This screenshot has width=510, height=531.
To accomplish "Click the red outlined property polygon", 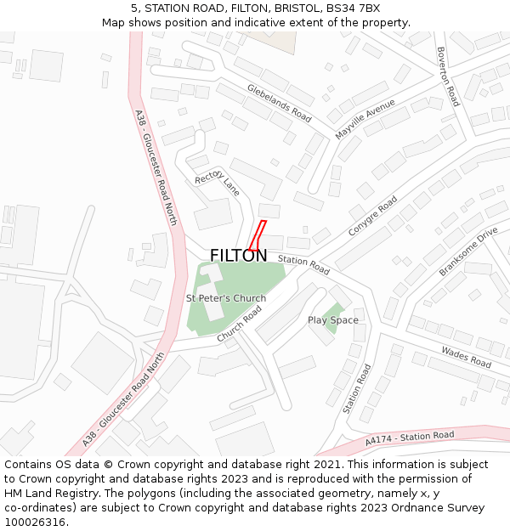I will [x=258, y=234].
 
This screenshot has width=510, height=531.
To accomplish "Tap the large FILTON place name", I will [x=238, y=256].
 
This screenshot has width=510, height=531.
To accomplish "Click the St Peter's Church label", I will [x=226, y=298].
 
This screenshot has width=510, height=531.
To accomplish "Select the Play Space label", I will [x=333, y=320].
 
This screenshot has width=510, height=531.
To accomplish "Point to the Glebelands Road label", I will [x=279, y=101].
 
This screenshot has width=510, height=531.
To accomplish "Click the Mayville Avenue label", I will [x=365, y=118].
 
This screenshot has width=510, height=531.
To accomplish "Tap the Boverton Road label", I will [x=447, y=76].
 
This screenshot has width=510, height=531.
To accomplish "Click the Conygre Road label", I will [x=372, y=217].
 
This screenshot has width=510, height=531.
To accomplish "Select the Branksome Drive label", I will [x=468, y=251].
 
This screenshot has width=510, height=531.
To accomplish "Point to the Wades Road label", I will [x=466, y=357].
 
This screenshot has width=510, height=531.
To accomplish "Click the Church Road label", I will [x=240, y=324].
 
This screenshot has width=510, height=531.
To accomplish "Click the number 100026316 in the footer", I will [x=37, y=523].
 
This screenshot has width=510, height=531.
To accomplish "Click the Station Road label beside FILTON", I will [x=303, y=265].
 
